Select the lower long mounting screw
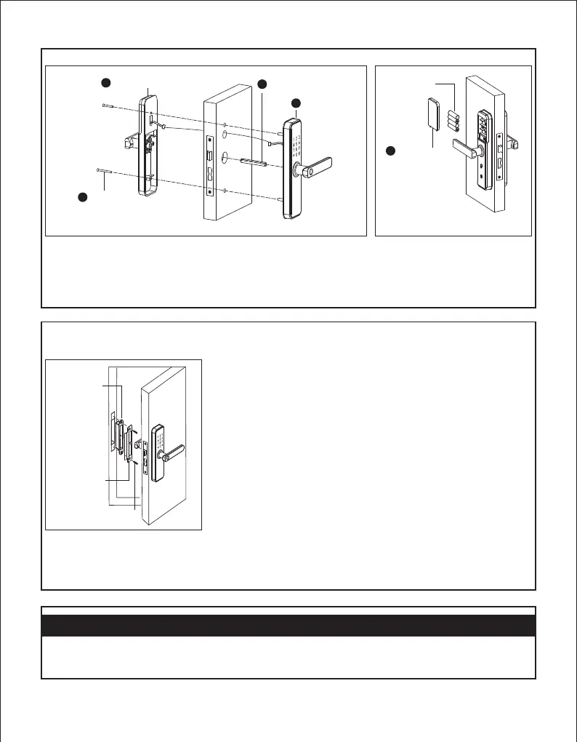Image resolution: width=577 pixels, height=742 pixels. click(x=106, y=170)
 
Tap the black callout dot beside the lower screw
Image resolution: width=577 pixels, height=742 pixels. click(x=84, y=197)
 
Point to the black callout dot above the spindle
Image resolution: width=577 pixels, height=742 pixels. click(x=263, y=83)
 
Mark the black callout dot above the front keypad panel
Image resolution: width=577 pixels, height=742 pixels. click(x=296, y=103)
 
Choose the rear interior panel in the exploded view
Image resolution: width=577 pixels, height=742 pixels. click(x=143, y=145)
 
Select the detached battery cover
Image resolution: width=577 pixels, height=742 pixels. click(x=432, y=113)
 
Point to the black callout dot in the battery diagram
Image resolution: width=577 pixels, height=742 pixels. click(x=390, y=151)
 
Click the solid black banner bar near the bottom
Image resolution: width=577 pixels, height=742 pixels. click(x=288, y=626)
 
